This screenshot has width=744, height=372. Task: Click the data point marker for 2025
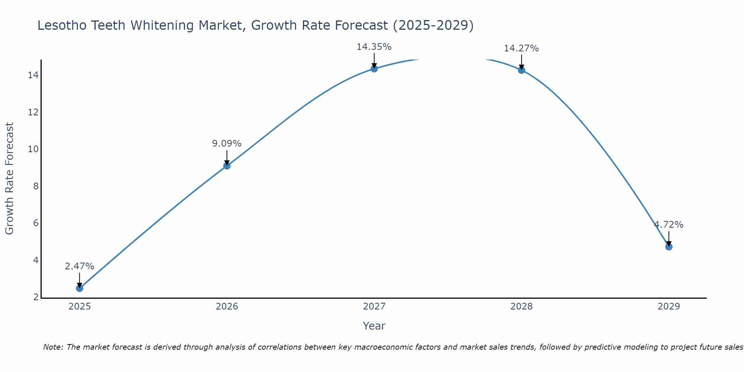pos(79,288)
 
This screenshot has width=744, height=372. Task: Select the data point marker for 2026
pos(227,166)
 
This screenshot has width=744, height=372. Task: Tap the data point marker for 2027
pos(374,68)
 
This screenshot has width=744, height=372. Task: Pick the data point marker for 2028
pos(521,70)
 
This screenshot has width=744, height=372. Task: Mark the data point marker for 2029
pos(668,247)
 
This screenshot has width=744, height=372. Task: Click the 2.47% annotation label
pos(79,266)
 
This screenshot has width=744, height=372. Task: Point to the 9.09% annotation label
pos(227,144)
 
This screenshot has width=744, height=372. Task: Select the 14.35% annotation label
pos(374,47)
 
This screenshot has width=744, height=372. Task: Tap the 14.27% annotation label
pos(521,48)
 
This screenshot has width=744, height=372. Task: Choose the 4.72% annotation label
pos(668,225)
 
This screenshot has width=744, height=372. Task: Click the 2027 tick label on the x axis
pos(374,307)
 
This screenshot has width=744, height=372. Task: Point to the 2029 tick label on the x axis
pos(668,307)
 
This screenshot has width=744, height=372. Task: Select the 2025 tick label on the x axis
pos(79,307)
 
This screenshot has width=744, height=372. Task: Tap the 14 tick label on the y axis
pos(33,75)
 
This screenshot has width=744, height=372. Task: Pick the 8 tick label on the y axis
pos(36,186)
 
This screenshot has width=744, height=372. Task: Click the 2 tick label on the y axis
pos(36,297)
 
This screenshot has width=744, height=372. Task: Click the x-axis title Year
pos(374,326)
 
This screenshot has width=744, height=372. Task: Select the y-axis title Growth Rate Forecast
pos(9,178)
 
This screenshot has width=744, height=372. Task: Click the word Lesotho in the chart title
pos(62,26)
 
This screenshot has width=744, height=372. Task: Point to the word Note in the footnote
pos(53,347)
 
